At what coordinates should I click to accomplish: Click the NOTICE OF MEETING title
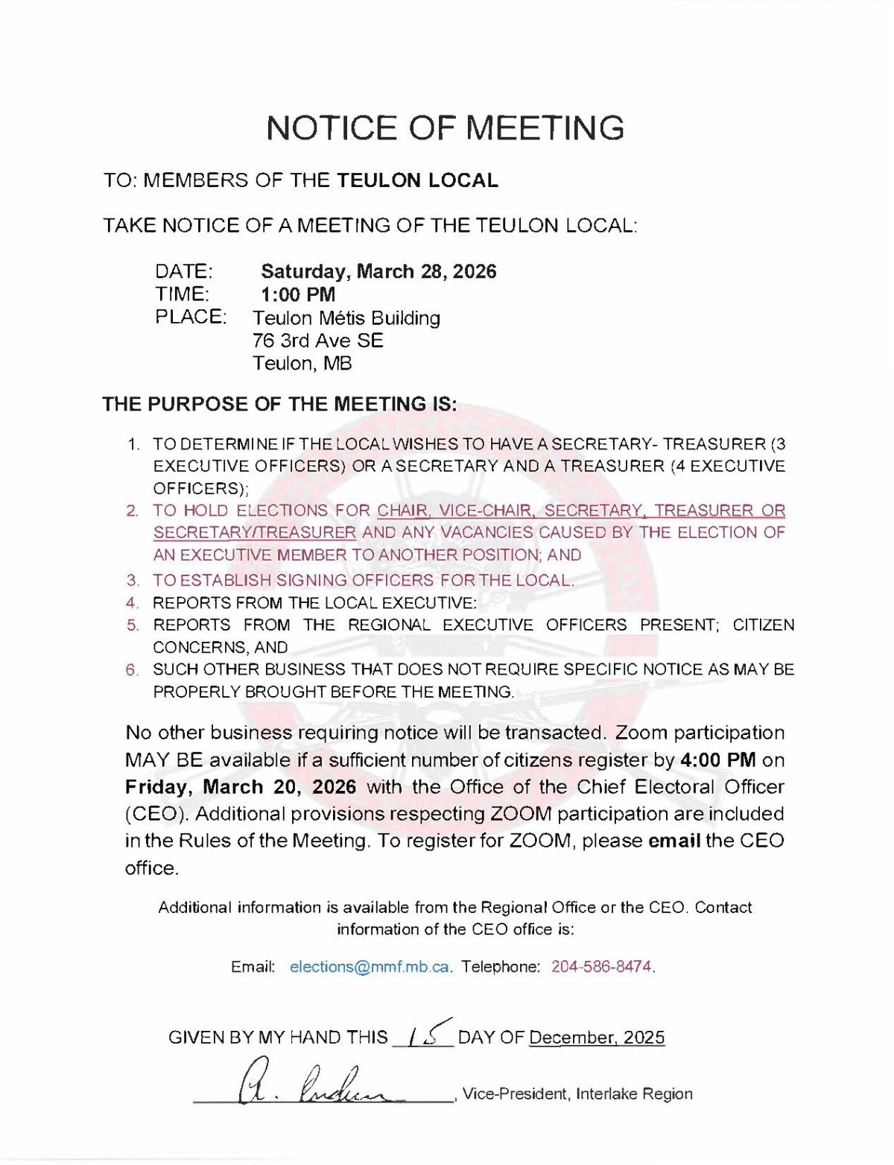(x=446, y=127)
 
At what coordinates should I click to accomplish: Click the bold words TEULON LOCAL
(x=417, y=180)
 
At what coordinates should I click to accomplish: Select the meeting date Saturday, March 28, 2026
(x=378, y=271)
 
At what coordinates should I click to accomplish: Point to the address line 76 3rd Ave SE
(x=318, y=341)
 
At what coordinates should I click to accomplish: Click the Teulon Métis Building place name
(x=346, y=318)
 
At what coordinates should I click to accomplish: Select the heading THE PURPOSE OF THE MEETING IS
(x=279, y=405)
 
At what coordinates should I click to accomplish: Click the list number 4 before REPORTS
(x=132, y=602)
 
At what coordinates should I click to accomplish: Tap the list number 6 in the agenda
(x=132, y=669)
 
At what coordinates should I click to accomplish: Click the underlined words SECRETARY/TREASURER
(x=255, y=533)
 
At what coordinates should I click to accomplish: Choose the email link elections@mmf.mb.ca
(x=370, y=967)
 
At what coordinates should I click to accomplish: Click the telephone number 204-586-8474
(x=602, y=967)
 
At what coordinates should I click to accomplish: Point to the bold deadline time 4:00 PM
(x=718, y=760)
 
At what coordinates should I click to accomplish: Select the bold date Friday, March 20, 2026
(x=240, y=787)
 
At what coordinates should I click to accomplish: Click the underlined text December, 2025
(x=596, y=1038)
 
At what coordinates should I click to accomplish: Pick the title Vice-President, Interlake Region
(x=577, y=1093)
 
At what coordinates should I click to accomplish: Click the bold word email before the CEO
(x=674, y=841)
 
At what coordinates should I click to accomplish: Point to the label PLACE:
(x=190, y=317)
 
